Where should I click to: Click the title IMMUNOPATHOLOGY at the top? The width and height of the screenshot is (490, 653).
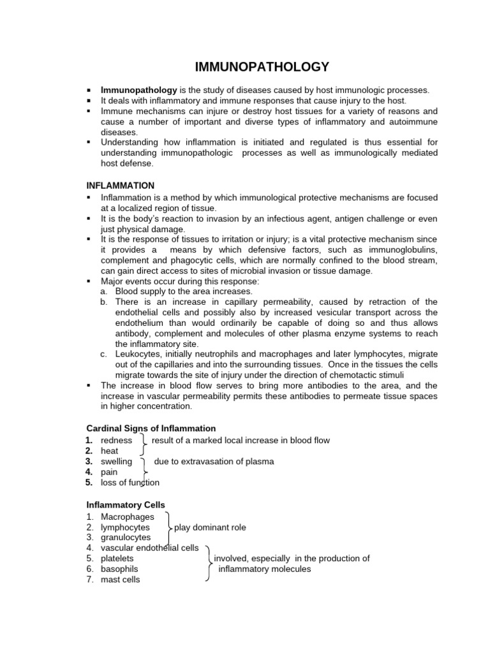[x=262, y=66]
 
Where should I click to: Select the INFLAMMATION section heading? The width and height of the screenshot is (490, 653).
[x=121, y=186]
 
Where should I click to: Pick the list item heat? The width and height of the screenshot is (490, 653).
[x=110, y=451]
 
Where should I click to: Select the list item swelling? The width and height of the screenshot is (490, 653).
[x=117, y=462]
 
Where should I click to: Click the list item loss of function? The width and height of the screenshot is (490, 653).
[x=130, y=483]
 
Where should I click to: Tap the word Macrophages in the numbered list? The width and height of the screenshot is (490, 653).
[x=127, y=517]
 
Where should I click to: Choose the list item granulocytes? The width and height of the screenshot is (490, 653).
[x=126, y=538]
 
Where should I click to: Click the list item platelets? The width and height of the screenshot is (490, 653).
[x=117, y=559]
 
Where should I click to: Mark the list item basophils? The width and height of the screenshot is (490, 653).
[x=119, y=569]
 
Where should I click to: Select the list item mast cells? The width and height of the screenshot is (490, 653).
[x=121, y=580]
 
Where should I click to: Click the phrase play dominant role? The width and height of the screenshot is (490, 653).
[x=210, y=527]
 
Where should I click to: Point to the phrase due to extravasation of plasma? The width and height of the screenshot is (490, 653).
[x=214, y=462]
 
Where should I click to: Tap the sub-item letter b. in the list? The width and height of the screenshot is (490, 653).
[x=103, y=302]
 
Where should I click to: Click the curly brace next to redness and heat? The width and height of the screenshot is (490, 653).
[x=144, y=444]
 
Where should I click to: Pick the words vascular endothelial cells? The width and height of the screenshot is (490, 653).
[x=150, y=548]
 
